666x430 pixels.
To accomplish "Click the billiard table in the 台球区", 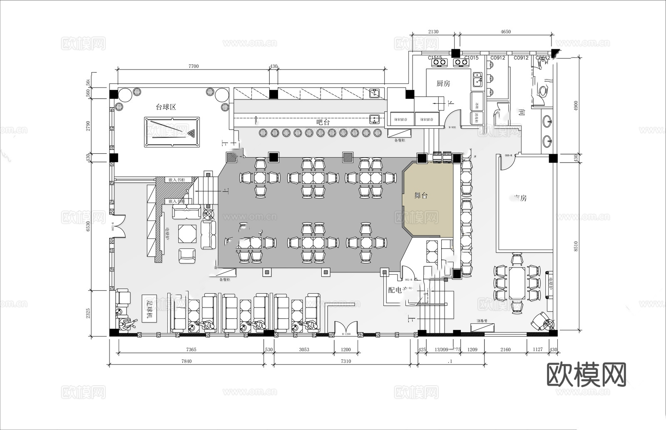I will tap(172, 132).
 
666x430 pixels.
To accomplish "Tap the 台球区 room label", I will tap(166, 107).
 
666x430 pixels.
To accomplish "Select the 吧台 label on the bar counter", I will tap(323, 122).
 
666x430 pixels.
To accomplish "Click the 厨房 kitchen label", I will tap(443, 83).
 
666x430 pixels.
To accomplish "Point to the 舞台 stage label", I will tap(421, 195).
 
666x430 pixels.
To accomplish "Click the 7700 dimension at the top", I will tap(194, 66).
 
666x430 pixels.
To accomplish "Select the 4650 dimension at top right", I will tap(505, 32).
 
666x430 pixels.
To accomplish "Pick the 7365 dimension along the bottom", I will tap(191, 350).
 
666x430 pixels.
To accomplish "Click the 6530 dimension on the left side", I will tap(88, 226).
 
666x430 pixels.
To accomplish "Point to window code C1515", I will tap(435, 58).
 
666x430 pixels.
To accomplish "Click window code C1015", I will tap(471, 58).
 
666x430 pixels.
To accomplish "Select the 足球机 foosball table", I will tap(147, 308).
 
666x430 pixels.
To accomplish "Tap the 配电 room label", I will tap(396, 290).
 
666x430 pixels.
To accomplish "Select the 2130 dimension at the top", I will tap(433, 32).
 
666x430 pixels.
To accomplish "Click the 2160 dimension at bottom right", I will tap(505, 350).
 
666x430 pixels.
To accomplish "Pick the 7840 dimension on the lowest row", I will tap(186, 361).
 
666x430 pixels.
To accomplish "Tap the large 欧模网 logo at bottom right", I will tap(586, 375).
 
